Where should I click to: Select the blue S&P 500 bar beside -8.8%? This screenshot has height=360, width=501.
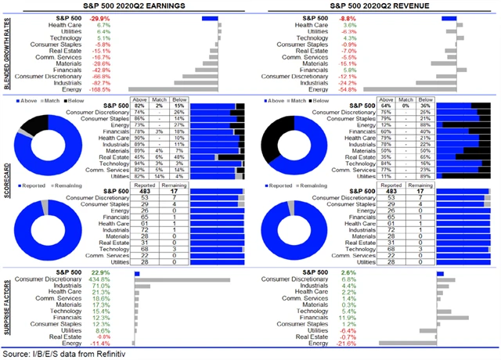pyautogui.click(x=444, y=16)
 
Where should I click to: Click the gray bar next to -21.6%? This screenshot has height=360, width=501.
pyautogui.click(x=407, y=344)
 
